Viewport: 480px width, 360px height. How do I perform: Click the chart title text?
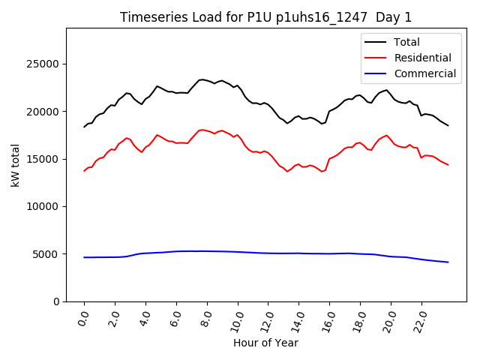(x=266, y=17)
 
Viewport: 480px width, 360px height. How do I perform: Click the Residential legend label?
(x=422, y=58)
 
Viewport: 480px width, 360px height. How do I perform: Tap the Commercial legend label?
(x=424, y=73)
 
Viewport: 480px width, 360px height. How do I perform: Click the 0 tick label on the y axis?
(x=57, y=301)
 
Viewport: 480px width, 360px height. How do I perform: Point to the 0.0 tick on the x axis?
(x=83, y=318)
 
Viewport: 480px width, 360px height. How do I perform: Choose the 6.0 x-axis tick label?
(x=175, y=318)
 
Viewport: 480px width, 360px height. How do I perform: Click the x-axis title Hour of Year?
(x=266, y=343)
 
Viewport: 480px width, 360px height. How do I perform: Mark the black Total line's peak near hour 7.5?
(x=201, y=79)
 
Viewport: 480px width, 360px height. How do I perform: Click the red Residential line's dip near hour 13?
(x=286, y=172)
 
